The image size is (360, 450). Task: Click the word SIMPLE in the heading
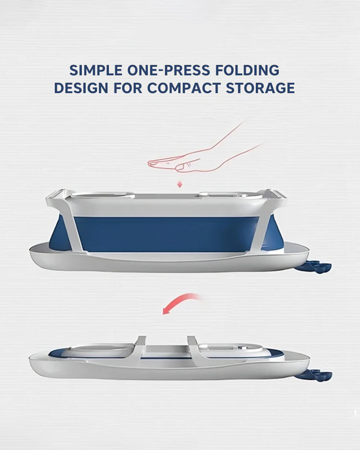[x=96, y=70]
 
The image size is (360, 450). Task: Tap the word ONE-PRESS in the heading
[x=168, y=70]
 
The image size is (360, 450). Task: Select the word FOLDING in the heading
[x=247, y=70]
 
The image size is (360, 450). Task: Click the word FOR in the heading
[x=128, y=88]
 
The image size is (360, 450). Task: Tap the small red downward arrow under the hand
[x=180, y=185]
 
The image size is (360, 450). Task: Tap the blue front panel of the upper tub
[x=166, y=234]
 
